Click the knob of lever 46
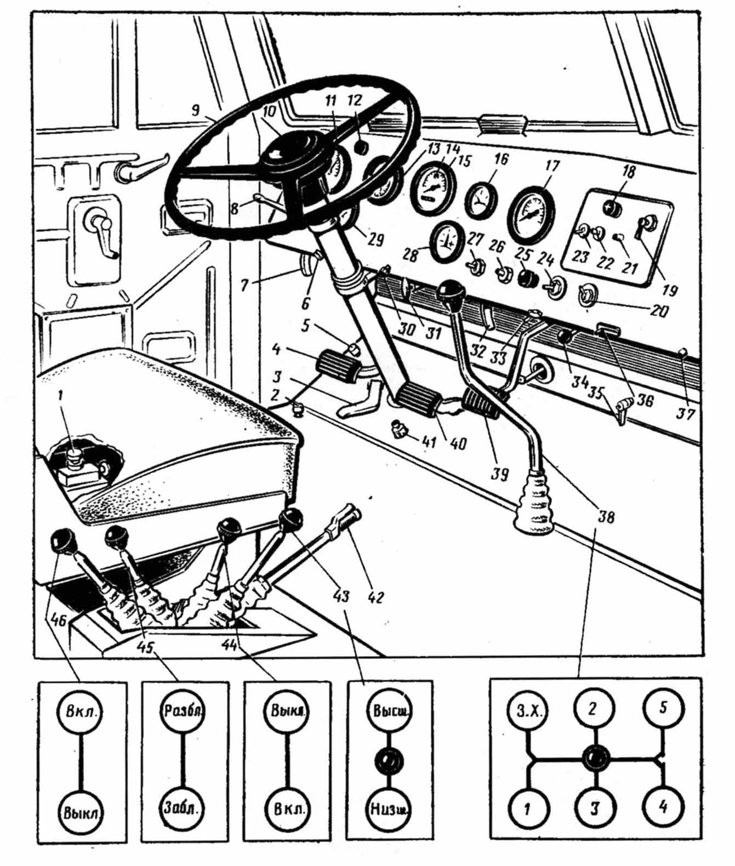tap(63, 542)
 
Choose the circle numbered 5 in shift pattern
tap(662, 709)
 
